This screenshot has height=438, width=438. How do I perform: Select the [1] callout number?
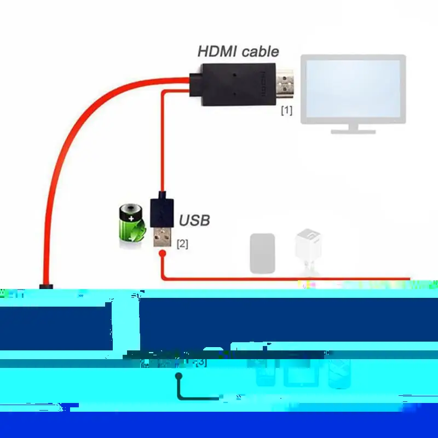pyautogui.click(x=286, y=111)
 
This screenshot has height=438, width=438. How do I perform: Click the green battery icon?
pyautogui.click(x=132, y=223)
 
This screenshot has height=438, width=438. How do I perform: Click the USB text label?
pyautogui.click(x=194, y=221)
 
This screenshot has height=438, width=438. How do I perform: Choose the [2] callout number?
pyautogui.click(x=182, y=244)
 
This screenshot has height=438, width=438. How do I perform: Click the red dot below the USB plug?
pyautogui.click(x=162, y=253)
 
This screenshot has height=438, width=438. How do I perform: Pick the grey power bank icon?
pyautogui.click(x=262, y=253)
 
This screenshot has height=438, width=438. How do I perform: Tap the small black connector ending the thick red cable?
pyautogui.click(x=46, y=286)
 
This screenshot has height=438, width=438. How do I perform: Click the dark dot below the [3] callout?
pyautogui.click(x=178, y=376)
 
